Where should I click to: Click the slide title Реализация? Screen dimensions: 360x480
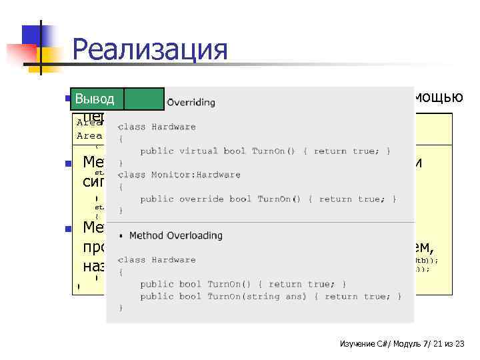click(149, 50)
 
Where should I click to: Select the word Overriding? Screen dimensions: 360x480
click(191, 103)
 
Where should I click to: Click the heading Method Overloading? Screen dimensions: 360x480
click(176, 235)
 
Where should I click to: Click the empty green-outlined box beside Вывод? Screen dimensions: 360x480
click(144, 99)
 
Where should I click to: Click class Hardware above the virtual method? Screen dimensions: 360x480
click(157, 127)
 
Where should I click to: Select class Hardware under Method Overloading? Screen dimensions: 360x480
click(157, 260)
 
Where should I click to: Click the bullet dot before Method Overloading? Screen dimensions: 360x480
click(121, 235)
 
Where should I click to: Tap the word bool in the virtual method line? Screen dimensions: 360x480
click(235, 151)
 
